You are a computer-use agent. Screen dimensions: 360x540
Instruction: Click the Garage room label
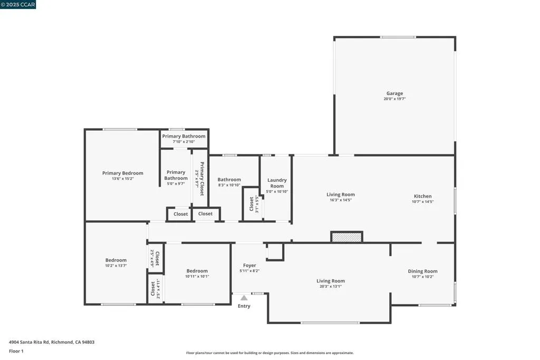tap(394, 93)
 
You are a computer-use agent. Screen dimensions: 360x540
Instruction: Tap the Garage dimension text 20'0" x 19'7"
tap(394, 99)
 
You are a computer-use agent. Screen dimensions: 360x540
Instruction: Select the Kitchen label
tap(422, 196)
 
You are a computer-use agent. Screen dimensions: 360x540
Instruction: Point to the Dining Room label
tap(422, 271)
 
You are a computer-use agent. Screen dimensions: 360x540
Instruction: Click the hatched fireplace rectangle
tap(346, 237)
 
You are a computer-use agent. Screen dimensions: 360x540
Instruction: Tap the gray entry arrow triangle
tap(244, 298)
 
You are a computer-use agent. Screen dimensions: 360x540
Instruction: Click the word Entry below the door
tap(244, 306)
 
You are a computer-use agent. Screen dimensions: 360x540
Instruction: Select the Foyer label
tap(249, 266)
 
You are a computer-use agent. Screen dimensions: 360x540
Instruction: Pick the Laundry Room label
tap(277, 183)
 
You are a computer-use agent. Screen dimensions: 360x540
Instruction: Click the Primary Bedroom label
tap(122, 173)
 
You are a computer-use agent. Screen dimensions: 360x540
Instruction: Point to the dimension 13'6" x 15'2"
tap(122, 179)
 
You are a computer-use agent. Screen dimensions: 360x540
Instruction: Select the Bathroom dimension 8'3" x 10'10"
tap(229, 185)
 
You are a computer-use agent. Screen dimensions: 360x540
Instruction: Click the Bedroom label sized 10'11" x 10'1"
tap(197, 271)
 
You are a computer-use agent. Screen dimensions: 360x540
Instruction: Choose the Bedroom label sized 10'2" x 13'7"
tap(115, 260)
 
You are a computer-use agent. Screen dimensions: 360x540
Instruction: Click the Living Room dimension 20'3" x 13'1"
tap(330, 287)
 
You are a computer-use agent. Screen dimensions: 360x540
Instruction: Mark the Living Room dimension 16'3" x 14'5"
tap(340, 200)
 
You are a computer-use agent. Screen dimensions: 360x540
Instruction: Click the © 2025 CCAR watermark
tap(18, 5)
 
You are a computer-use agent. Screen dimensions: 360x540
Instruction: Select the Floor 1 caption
tap(16, 351)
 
